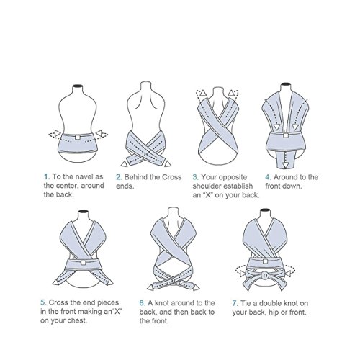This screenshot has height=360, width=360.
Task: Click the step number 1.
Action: point(47,177)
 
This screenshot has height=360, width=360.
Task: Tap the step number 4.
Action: point(268,177)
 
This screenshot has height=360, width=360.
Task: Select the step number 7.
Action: point(235,303)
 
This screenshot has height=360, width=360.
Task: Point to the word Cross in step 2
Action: point(171,177)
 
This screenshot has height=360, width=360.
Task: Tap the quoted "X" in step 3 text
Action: point(208,195)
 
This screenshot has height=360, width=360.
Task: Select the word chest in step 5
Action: point(77,320)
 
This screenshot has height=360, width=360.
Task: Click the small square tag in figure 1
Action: point(77,137)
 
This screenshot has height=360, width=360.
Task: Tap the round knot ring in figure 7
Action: point(265,275)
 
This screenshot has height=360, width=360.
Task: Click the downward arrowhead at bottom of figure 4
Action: point(285,166)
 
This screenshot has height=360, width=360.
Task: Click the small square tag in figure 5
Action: point(83,263)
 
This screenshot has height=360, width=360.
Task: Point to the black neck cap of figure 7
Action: point(265,210)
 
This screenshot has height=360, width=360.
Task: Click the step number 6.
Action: point(142,303)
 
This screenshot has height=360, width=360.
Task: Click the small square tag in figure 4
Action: point(286,135)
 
